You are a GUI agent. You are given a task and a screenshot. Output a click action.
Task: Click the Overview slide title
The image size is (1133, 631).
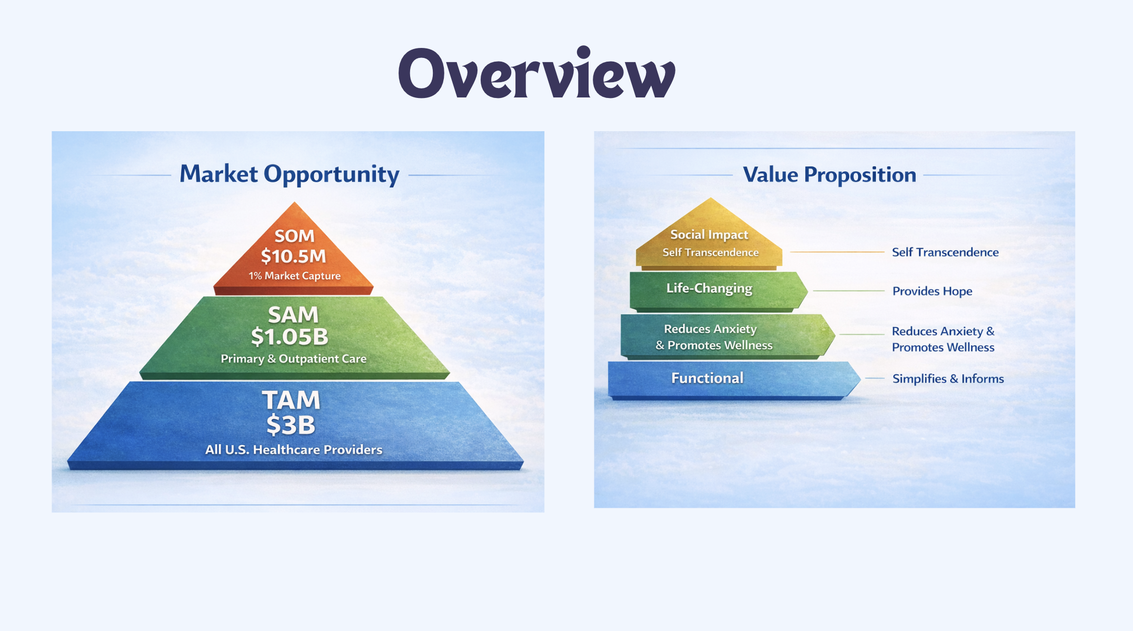point(536,73)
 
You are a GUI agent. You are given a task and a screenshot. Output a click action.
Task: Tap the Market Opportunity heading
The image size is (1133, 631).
point(290,174)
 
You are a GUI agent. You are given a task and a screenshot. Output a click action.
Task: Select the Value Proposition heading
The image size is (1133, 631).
point(829,175)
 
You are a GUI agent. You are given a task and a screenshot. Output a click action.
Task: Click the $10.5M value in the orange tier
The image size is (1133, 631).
point(294,257)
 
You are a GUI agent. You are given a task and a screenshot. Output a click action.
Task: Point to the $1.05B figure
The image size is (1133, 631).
point(290,337)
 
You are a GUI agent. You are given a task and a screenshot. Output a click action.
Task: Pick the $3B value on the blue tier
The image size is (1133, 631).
point(291,425)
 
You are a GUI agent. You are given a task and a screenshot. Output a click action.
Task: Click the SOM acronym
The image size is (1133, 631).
point(294,236)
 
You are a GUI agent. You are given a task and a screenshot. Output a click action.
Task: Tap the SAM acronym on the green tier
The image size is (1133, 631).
point(293,315)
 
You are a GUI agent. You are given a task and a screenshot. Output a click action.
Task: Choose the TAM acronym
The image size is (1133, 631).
point(291,400)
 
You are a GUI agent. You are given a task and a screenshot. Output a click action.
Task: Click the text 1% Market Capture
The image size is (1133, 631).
point(295,276)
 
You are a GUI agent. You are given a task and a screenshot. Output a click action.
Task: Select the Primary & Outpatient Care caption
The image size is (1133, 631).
point(294,359)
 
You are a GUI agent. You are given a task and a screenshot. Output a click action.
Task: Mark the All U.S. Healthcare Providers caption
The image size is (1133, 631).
point(294,450)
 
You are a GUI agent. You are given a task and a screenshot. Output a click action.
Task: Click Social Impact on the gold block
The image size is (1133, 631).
point(709,235)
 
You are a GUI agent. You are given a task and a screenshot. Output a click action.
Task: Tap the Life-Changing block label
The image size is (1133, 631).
point(709,289)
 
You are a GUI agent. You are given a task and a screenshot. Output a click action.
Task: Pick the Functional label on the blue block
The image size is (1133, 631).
point(707,378)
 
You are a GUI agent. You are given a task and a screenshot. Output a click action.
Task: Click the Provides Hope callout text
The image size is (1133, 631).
point(932,291)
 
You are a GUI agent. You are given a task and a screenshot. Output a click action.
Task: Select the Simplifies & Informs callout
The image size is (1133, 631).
point(948,379)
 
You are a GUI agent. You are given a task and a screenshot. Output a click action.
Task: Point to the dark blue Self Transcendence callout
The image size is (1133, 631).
point(945,252)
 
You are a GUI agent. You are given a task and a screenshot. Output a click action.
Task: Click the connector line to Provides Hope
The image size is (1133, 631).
point(849,291)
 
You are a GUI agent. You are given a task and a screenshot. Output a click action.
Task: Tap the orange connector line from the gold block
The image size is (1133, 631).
point(837,252)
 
